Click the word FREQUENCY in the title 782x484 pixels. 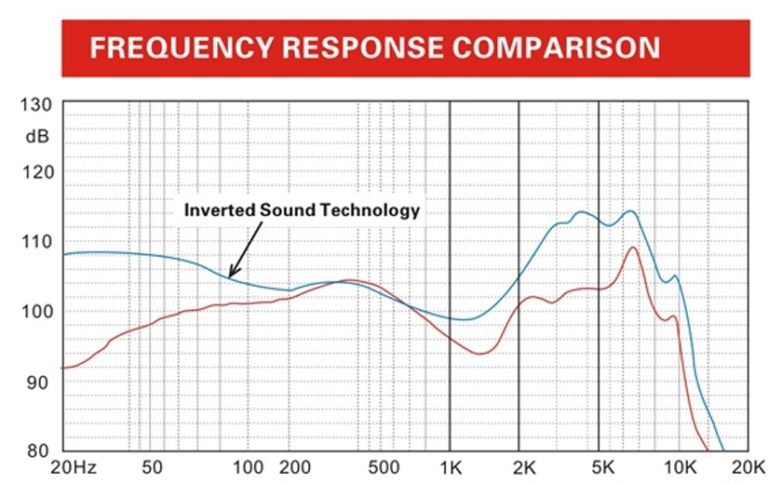[x=182, y=47]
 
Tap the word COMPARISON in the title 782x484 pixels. [x=557, y=47]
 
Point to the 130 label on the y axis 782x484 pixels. [x=36, y=104]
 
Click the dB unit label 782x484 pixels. [x=37, y=136]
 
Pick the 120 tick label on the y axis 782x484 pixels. [x=36, y=172]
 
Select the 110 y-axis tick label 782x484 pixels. [x=36, y=242]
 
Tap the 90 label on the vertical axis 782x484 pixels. [x=36, y=383]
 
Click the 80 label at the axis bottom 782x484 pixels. [x=36, y=450]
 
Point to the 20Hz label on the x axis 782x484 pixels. [x=74, y=467]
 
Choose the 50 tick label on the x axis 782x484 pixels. [x=152, y=467]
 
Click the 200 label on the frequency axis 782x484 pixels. [x=295, y=467]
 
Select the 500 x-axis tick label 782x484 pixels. [x=384, y=467]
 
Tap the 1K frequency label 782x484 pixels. [x=451, y=467]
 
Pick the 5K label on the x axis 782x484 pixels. [x=603, y=467]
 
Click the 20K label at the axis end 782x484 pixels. [x=748, y=467]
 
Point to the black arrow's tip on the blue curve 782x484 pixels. [x=229, y=277]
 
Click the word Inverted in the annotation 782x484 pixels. [x=220, y=209]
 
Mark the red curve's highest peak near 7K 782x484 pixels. [x=633, y=248]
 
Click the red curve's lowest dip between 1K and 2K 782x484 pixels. [x=479, y=354]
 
